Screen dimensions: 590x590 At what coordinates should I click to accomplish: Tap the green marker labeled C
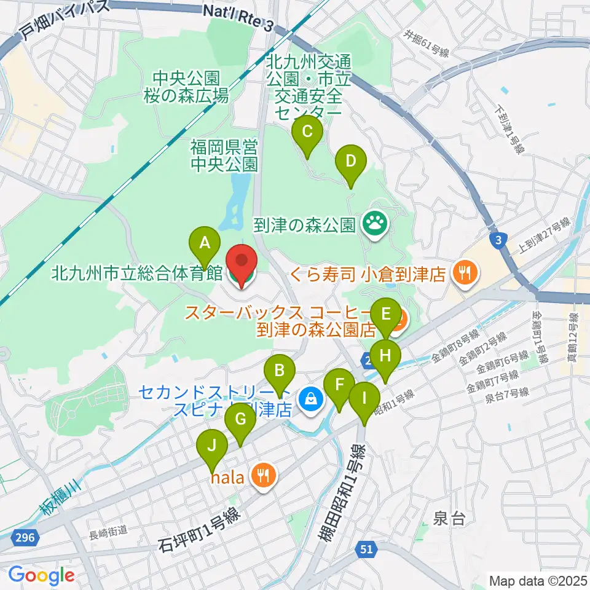click(x=308, y=131)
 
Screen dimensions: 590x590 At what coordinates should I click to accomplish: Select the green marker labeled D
click(x=351, y=162)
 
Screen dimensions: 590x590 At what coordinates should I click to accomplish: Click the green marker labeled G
click(x=240, y=420)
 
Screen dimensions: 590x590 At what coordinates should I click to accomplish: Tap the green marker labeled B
click(x=280, y=371)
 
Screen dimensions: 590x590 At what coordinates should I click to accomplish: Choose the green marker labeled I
click(x=364, y=398)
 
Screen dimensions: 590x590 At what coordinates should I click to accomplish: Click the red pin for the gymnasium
click(x=242, y=266)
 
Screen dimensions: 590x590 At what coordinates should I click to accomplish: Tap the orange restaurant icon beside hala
click(x=264, y=475)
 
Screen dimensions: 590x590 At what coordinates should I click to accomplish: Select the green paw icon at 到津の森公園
click(x=374, y=223)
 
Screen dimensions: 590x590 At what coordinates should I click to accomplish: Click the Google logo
click(x=41, y=575)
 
